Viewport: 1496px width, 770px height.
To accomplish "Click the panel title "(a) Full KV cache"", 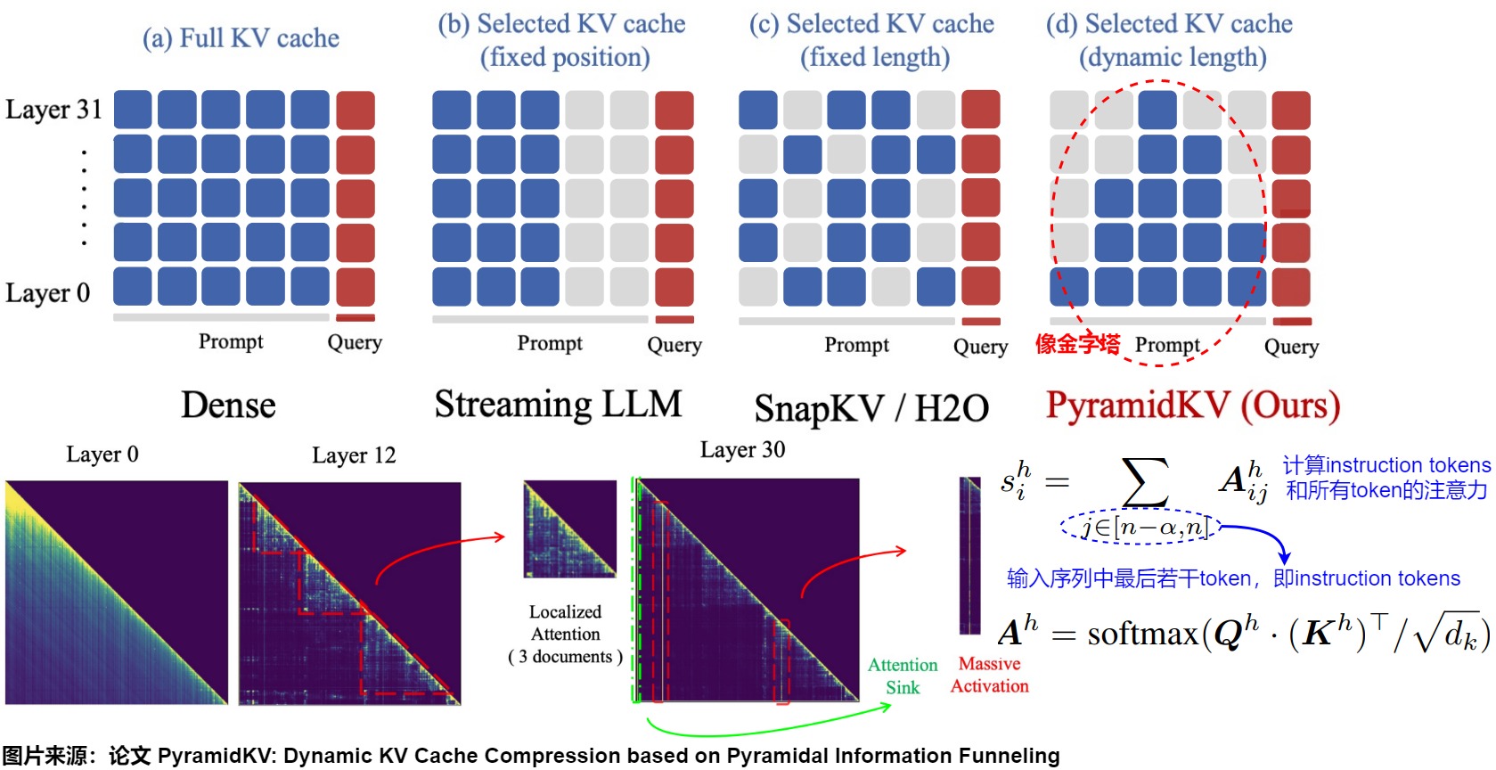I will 241,38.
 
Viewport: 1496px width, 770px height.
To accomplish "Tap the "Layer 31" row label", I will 53,110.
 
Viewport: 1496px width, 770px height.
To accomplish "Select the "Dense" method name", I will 228,405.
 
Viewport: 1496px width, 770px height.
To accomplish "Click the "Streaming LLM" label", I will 558,405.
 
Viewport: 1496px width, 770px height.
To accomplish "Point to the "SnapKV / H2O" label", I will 871,409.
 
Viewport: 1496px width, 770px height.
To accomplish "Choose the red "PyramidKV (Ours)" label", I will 1193,405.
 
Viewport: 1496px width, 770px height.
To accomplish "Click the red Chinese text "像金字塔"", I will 1077,344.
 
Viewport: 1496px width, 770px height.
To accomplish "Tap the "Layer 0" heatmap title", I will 102,455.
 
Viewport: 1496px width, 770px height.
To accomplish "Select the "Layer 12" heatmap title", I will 354,455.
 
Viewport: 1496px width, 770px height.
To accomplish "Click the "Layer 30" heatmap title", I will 742,450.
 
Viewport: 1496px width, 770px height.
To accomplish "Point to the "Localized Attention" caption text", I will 565,623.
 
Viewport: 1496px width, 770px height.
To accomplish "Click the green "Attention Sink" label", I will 903,676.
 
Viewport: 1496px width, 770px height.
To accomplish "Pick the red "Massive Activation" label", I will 989,675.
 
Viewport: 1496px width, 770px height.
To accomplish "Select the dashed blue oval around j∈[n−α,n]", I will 1141,528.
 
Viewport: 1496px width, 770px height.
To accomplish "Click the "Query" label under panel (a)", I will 355,342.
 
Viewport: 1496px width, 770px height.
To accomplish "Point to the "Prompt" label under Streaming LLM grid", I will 550,343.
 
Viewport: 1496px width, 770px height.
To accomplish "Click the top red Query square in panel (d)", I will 1291,110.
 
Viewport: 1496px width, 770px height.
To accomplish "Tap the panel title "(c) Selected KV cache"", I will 871,24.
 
